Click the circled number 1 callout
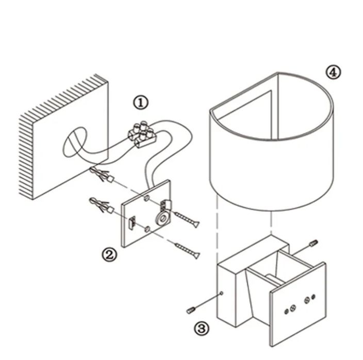(x=141, y=103)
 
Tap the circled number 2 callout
(x=110, y=254)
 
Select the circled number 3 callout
(x=201, y=329)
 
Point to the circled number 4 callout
(x=334, y=72)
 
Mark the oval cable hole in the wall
(x=75, y=142)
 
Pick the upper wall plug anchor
(x=102, y=175)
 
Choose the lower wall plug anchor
(x=102, y=205)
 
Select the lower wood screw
(x=187, y=250)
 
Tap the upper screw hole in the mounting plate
(x=146, y=198)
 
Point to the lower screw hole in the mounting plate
(x=147, y=229)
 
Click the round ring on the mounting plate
(x=163, y=217)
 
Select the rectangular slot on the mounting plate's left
(x=131, y=223)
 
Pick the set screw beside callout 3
(x=191, y=310)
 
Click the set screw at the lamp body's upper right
(x=313, y=243)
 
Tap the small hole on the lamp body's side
(x=221, y=293)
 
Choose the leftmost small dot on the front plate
(x=286, y=312)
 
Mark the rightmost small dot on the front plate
(x=313, y=297)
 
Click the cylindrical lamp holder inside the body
(x=274, y=279)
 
